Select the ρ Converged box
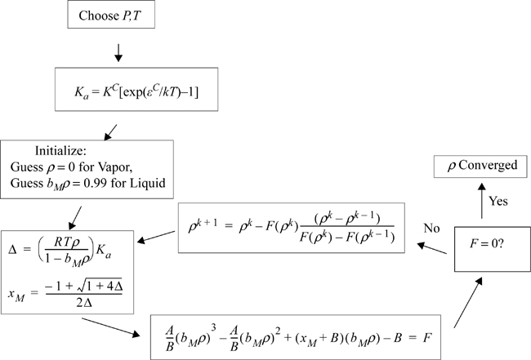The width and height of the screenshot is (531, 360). [477, 166]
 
